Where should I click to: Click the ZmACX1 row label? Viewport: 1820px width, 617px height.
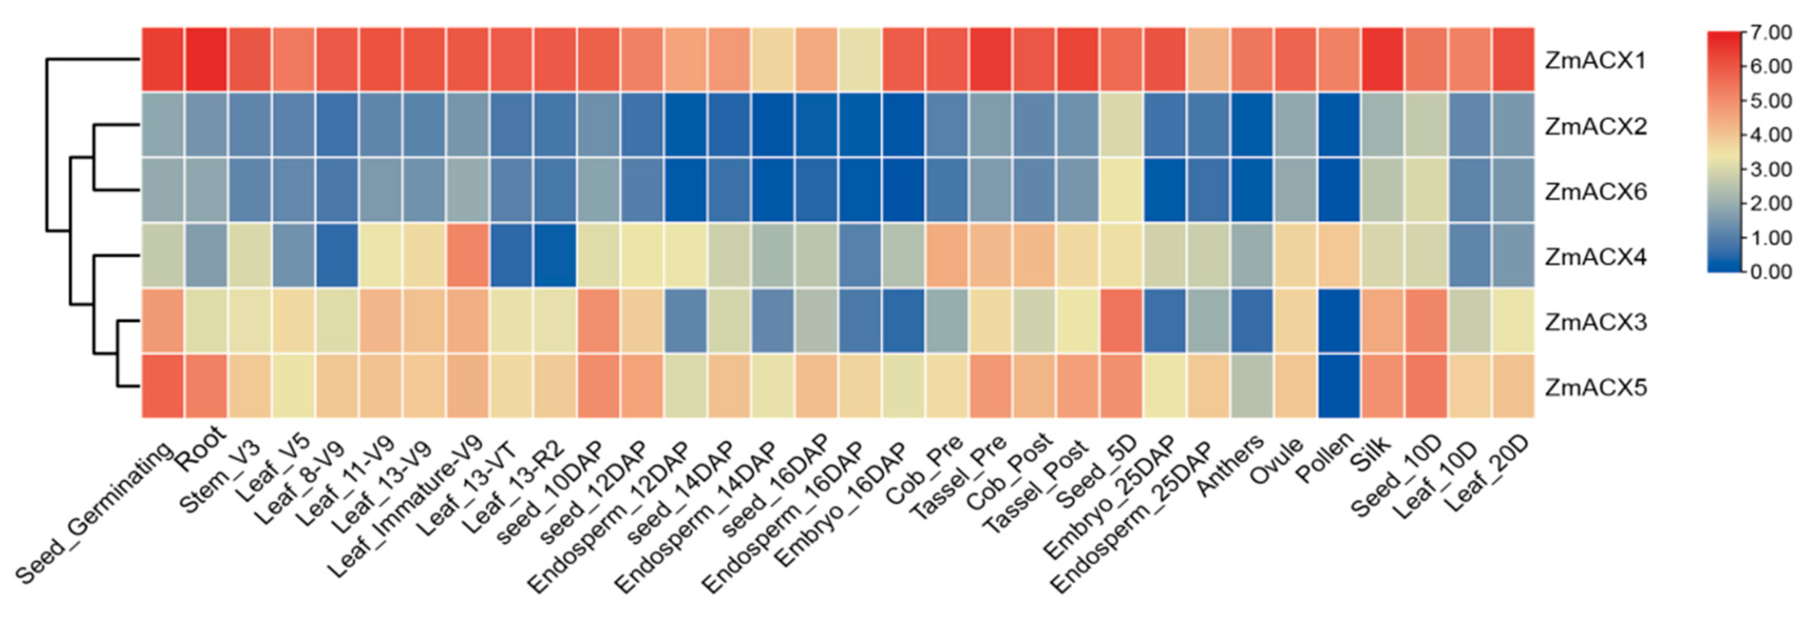coord(1595,61)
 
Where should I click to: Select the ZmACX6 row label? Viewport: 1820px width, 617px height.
coord(1595,191)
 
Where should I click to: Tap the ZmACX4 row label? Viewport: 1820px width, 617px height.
coord(1595,256)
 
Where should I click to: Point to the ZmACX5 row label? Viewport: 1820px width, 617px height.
coord(1595,387)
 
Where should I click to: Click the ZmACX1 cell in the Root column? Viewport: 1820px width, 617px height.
coord(206,60)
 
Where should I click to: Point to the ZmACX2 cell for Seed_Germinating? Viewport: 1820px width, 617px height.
coord(162,125)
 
